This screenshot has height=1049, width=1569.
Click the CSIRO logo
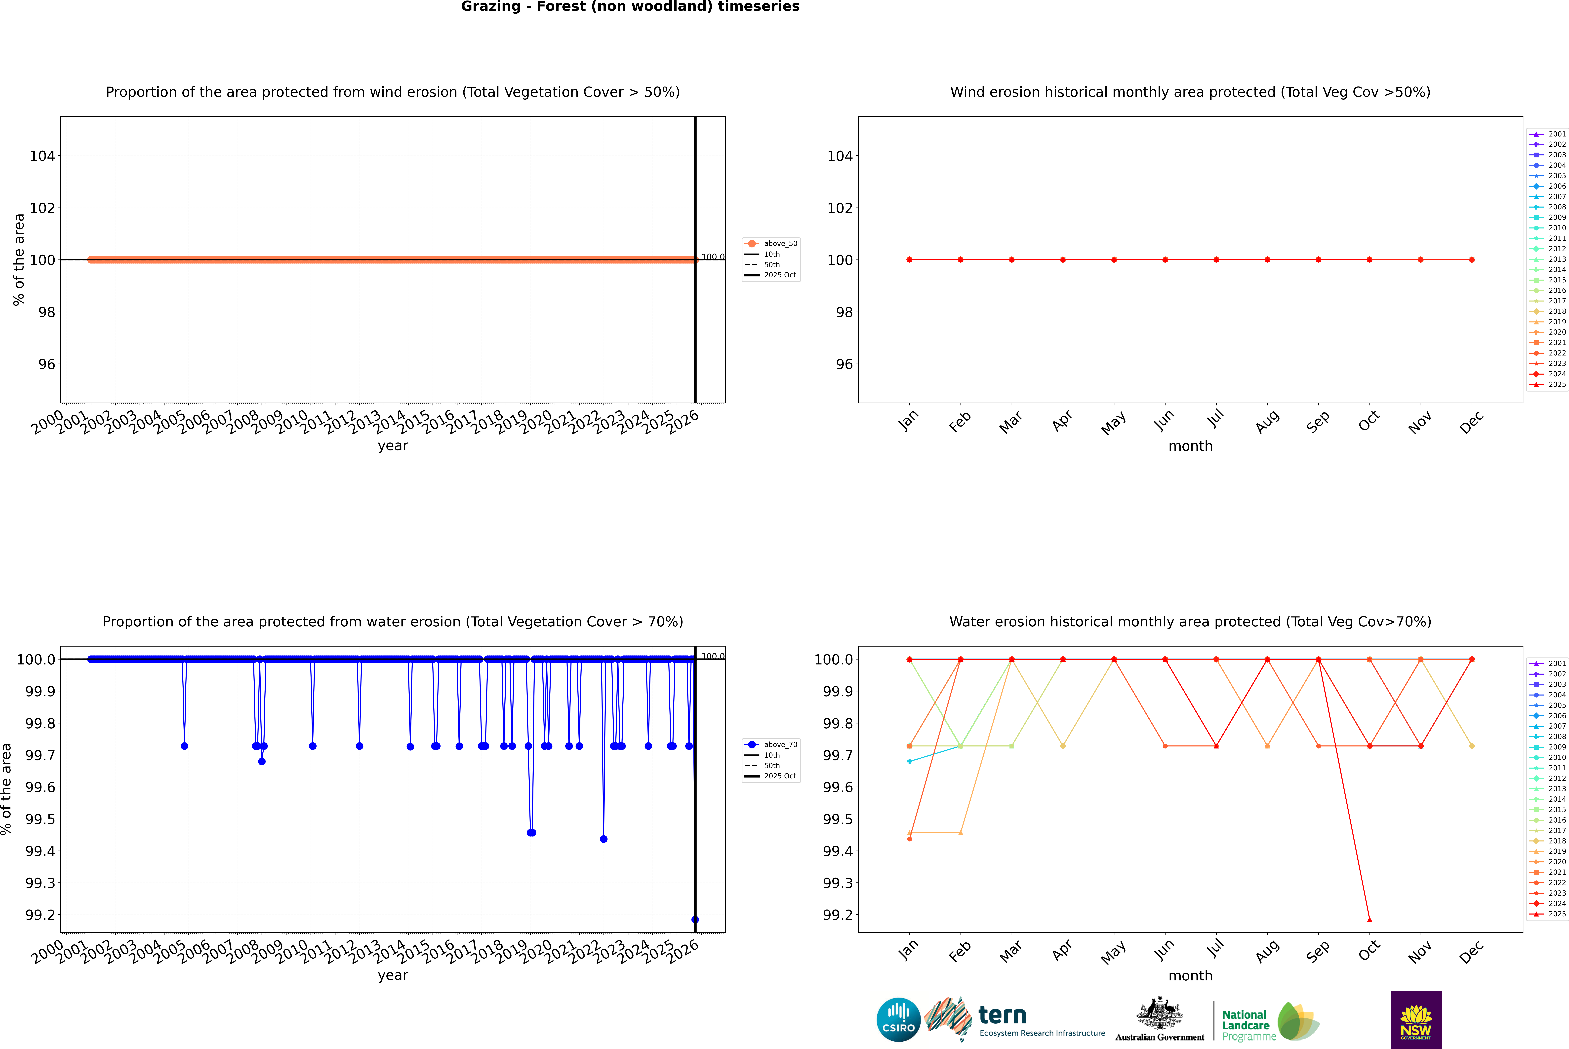click(898, 1020)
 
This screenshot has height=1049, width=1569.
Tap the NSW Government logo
click(1416, 1020)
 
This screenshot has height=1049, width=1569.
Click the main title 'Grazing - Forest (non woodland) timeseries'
click(630, 7)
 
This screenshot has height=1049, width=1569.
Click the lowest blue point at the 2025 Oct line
click(695, 919)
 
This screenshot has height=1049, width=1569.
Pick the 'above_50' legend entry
click(771, 244)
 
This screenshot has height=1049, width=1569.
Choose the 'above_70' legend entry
click(771, 745)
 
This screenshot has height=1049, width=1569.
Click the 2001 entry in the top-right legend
click(1548, 134)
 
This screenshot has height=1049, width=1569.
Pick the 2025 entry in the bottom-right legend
click(1548, 914)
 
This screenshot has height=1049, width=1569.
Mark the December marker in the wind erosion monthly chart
click(1471, 260)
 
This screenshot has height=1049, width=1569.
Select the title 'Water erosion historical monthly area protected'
click(1190, 621)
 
